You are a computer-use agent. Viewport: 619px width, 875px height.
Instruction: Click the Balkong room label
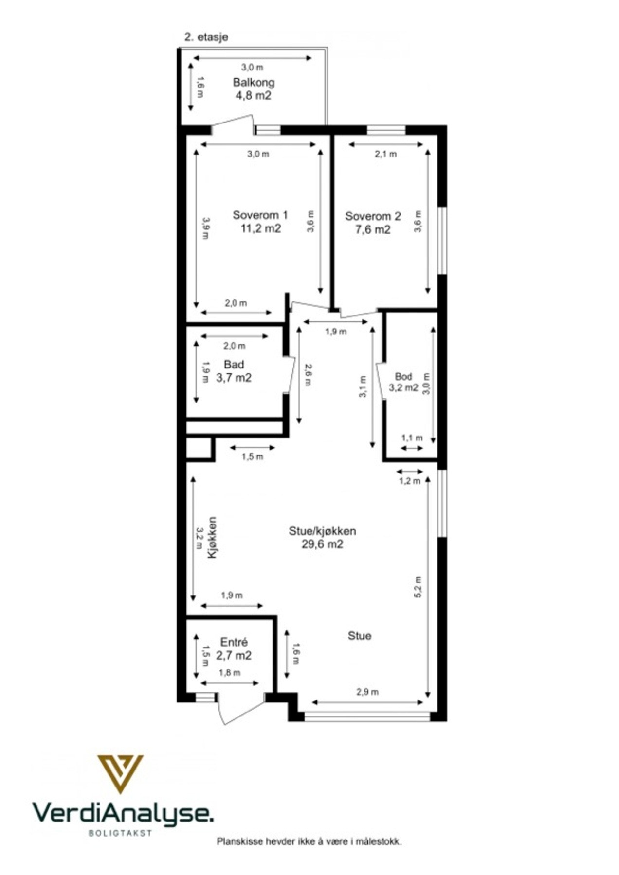[x=253, y=82]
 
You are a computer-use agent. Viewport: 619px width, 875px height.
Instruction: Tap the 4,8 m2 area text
[x=253, y=95]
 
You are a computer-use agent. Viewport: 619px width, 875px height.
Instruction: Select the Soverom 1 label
[x=260, y=215]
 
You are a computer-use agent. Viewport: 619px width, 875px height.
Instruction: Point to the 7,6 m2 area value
[x=373, y=229]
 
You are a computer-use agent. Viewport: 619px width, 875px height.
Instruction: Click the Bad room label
[x=234, y=364]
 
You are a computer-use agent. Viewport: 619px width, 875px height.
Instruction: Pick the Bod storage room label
[x=403, y=376]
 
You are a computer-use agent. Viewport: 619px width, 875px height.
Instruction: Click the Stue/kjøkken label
[x=322, y=531]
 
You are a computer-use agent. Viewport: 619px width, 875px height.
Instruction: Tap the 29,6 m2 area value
[x=322, y=544]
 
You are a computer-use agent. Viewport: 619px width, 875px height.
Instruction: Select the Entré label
[x=234, y=642]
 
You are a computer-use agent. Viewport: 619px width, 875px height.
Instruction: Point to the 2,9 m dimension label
[x=367, y=692]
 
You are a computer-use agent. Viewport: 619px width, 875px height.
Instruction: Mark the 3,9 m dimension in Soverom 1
[x=206, y=228]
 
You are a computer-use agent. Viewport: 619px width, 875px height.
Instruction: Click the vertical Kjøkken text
[x=212, y=537]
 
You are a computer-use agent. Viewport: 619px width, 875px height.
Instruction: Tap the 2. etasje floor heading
[x=206, y=37]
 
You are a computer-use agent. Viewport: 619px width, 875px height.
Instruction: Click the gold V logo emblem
[x=120, y=772]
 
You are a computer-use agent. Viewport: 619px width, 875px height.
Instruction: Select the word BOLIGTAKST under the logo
[x=120, y=833]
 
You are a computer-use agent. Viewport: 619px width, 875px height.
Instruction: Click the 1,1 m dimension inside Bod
[x=412, y=438]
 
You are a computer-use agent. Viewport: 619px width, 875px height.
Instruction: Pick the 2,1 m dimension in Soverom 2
[x=385, y=154]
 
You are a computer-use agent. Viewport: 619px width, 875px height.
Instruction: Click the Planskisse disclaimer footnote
[x=309, y=841]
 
